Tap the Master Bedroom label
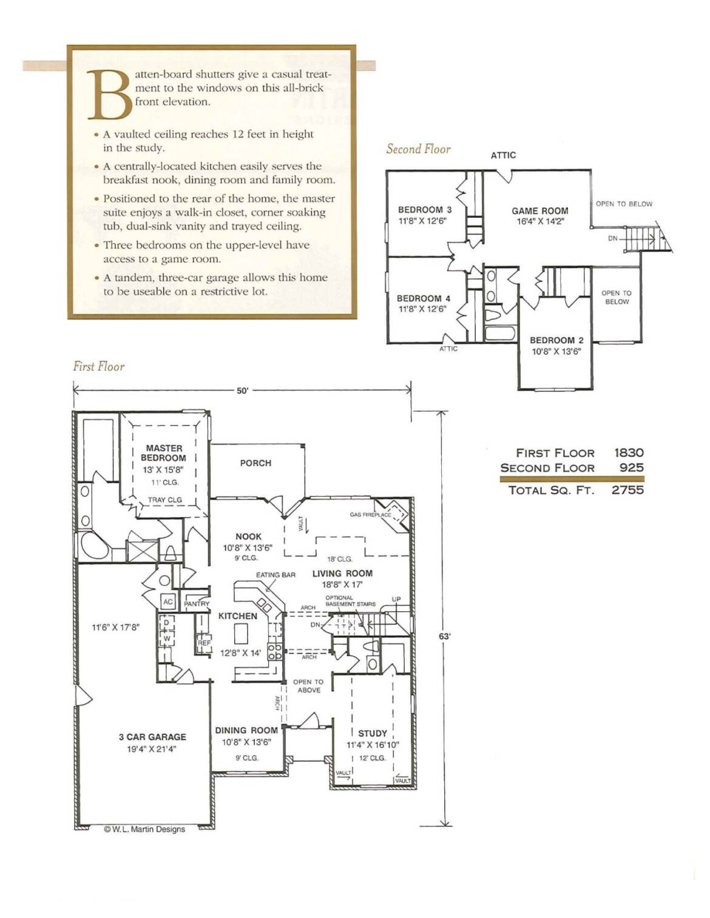pyautogui.click(x=163, y=453)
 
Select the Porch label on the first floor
pyautogui.click(x=255, y=463)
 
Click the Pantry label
pyautogui.click(x=197, y=604)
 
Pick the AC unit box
pyautogui.click(x=167, y=601)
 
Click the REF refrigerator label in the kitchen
pyautogui.click(x=204, y=643)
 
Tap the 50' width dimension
pyautogui.click(x=242, y=390)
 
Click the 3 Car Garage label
pyautogui.click(x=152, y=737)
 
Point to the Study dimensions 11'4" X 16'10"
pyautogui.click(x=373, y=745)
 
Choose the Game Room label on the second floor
pyautogui.click(x=540, y=211)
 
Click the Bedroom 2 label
pyautogui.click(x=556, y=340)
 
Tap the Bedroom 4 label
pyautogui.click(x=424, y=298)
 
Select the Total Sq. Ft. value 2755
pyautogui.click(x=627, y=490)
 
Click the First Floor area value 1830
pyautogui.click(x=629, y=453)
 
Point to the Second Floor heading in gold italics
pyautogui.click(x=418, y=149)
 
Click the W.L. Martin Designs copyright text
pyautogui.click(x=144, y=829)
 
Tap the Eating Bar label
pyautogui.click(x=276, y=575)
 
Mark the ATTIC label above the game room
pyautogui.click(x=503, y=155)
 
